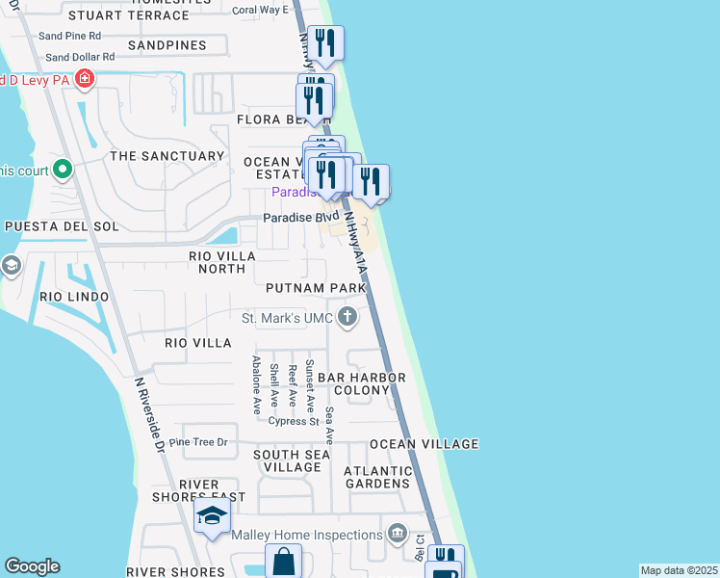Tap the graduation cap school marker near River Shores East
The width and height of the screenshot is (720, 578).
(212, 516)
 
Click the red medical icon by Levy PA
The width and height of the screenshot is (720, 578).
(85, 79)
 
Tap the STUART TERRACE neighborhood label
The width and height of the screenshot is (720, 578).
(130, 15)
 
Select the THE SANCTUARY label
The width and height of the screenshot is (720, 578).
(167, 156)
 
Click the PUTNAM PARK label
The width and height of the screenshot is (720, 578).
(317, 288)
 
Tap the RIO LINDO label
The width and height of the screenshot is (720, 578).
(74, 297)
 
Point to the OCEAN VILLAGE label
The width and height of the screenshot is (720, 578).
(424, 444)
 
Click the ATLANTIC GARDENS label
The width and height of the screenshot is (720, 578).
(378, 477)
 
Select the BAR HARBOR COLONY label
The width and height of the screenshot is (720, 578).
(362, 383)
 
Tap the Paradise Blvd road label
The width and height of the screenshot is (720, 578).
(300, 218)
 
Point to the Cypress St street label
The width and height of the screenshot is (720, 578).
(294, 421)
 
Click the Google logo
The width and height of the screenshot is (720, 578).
(32, 566)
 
